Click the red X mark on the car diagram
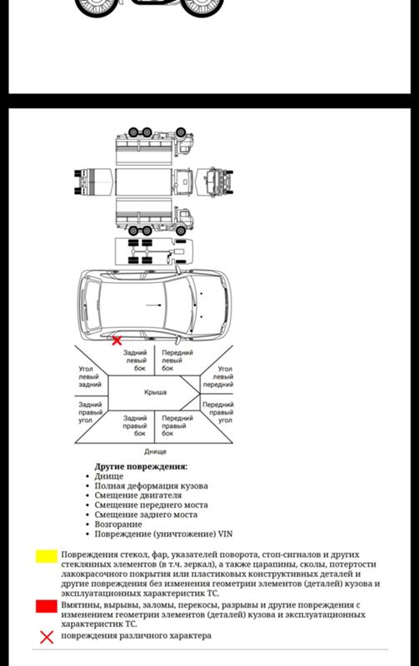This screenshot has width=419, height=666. (117, 340)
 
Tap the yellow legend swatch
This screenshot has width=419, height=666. (47, 556)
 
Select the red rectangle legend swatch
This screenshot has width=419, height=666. (47, 606)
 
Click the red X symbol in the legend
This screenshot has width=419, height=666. (47, 637)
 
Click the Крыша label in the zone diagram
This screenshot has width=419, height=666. (155, 392)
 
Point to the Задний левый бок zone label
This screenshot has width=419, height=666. (135, 360)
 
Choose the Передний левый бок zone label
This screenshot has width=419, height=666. (177, 360)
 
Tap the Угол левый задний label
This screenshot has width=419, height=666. (90, 377)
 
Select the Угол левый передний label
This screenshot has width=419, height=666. (218, 377)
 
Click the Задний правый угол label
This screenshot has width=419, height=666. (90, 412)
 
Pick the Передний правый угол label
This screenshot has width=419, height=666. (218, 412)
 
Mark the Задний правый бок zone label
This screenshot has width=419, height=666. (135, 425)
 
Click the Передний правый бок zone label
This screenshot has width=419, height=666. (177, 425)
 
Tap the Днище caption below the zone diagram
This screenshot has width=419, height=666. (155, 451)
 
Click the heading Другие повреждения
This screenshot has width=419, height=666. (141, 466)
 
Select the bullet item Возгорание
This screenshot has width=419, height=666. (118, 524)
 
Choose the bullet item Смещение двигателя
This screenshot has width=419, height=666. (138, 495)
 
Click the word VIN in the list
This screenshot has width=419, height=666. (225, 534)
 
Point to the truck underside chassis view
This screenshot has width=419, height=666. (154, 252)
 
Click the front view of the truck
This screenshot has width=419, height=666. (216, 181)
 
